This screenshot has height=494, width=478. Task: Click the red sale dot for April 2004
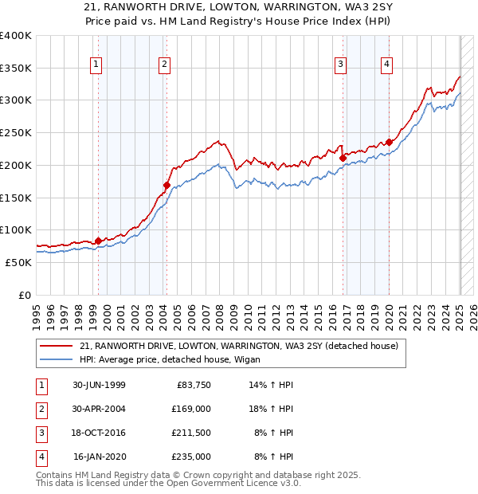click(167, 185)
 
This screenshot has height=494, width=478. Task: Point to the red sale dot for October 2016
click(343, 158)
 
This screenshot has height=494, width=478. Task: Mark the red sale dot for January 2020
click(389, 143)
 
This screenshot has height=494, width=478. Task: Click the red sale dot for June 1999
click(98, 241)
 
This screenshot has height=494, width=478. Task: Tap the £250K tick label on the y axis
click(16, 132)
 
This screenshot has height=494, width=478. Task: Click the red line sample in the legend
click(57, 346)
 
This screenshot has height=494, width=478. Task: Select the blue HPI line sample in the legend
click(57, 359)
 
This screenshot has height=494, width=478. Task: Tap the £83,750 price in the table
click(191, 385)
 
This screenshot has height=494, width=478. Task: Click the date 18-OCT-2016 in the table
click(99, 433)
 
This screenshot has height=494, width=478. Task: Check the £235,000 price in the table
click(191, 457)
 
